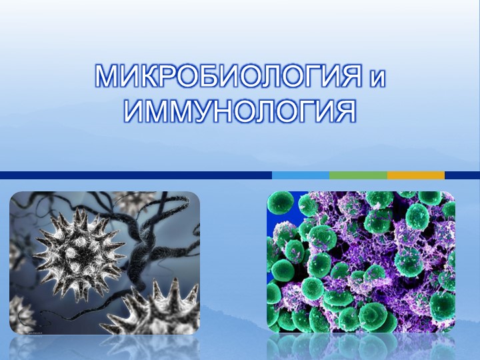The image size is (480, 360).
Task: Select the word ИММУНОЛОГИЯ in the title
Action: coord(240,111)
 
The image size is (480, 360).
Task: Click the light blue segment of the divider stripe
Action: coord(300,175)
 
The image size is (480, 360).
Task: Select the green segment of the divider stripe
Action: coord(358,175)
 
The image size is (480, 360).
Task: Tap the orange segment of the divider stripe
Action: coord(415,175)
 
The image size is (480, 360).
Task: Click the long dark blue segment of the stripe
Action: coord(133,175)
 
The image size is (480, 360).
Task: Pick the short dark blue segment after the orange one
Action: coord(462,175)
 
